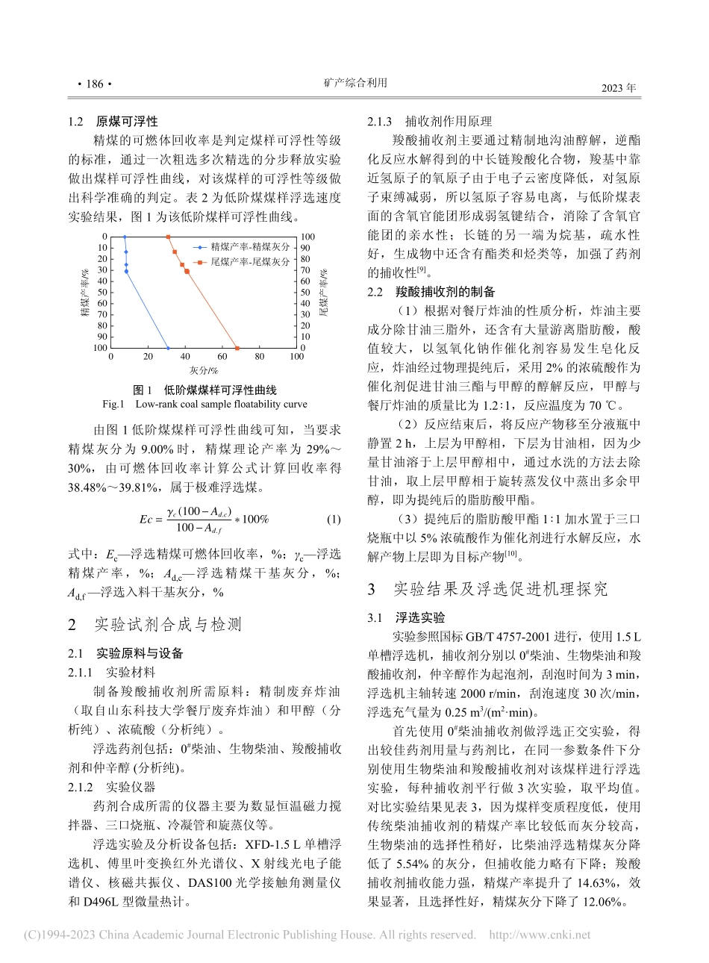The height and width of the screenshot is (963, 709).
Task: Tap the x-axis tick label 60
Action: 222,357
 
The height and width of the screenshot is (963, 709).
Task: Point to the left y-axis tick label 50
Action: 102,292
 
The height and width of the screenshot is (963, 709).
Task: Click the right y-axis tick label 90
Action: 306,248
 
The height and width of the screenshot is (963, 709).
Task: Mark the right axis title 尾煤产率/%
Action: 324,292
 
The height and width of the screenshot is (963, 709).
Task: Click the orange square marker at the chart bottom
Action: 237,348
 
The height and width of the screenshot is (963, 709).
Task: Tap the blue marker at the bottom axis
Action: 168,348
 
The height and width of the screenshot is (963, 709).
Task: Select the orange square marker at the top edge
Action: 168,237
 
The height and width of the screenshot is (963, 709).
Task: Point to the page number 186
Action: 94,84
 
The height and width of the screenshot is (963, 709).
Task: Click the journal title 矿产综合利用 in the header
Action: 355,83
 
